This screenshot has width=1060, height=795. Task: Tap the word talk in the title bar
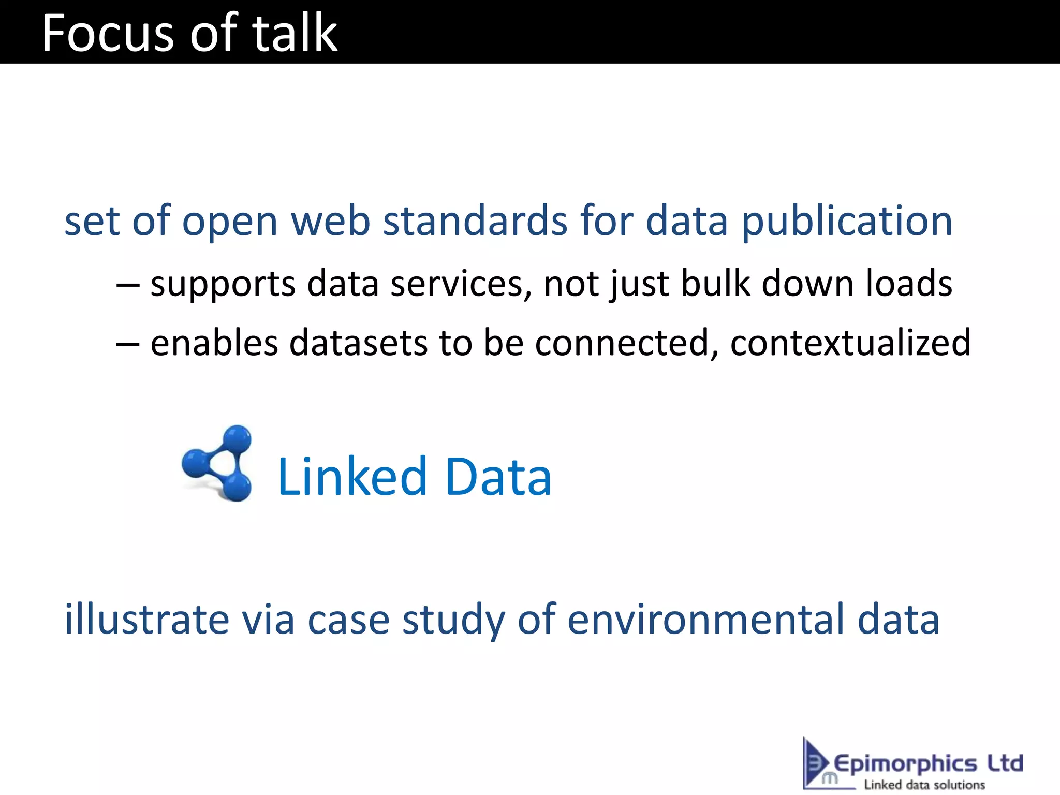(x=295, y=34)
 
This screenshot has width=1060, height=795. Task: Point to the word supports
(x=223, y=284)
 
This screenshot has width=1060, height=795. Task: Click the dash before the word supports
(x=127, y=285)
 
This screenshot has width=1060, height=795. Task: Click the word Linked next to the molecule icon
(x=352, y=477)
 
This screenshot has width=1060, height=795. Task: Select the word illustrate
(x=146, y=620)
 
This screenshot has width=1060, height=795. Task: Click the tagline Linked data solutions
(x=924, y=785)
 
